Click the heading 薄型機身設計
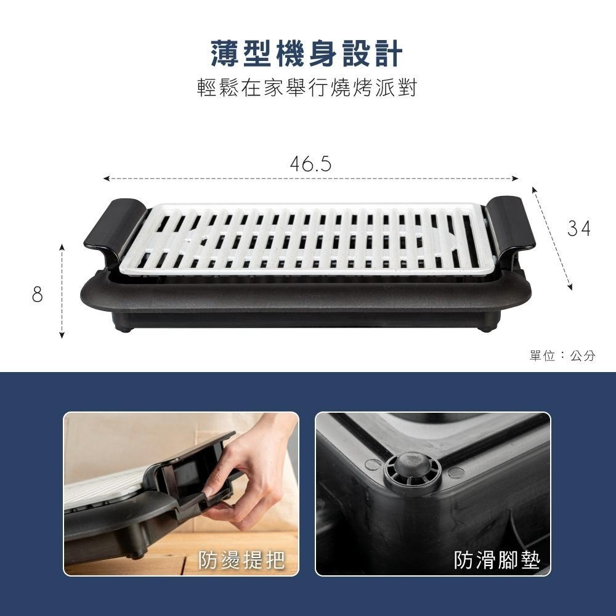[x=307, y=54]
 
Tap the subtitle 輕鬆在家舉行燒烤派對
[x=307, y=88]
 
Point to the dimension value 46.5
[x=310, y=164]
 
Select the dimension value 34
[x=579, y=229]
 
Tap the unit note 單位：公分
[x=562, y=355]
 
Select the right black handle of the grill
[x=511, y=222]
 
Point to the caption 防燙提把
[x=242, y=560]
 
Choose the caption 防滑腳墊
[x=496, y=560]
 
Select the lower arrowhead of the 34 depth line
[x=571, y=287]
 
